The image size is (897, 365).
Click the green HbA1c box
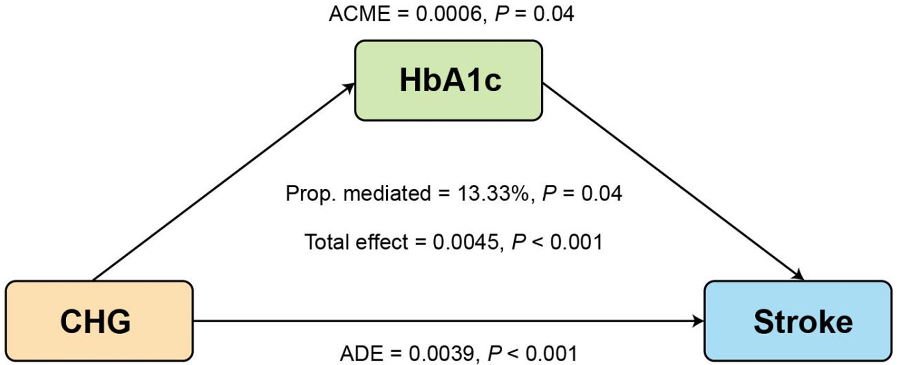448,80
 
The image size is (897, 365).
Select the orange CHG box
99,321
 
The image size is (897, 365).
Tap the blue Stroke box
798,321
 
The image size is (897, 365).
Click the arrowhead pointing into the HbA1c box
349,88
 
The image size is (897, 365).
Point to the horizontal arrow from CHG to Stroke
448,321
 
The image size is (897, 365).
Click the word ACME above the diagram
360,14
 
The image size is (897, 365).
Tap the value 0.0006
448,14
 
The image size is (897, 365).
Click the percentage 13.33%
493,193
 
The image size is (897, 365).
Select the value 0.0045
465,242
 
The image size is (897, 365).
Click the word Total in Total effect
328,242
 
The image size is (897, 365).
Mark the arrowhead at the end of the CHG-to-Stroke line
698,321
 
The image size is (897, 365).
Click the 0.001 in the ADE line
551,353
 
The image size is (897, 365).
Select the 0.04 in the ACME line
553,14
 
